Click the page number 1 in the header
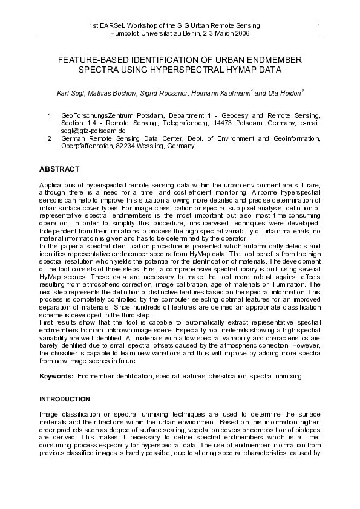[318, 25]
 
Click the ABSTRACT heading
[59, 168]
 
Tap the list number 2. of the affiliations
[50, 138]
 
